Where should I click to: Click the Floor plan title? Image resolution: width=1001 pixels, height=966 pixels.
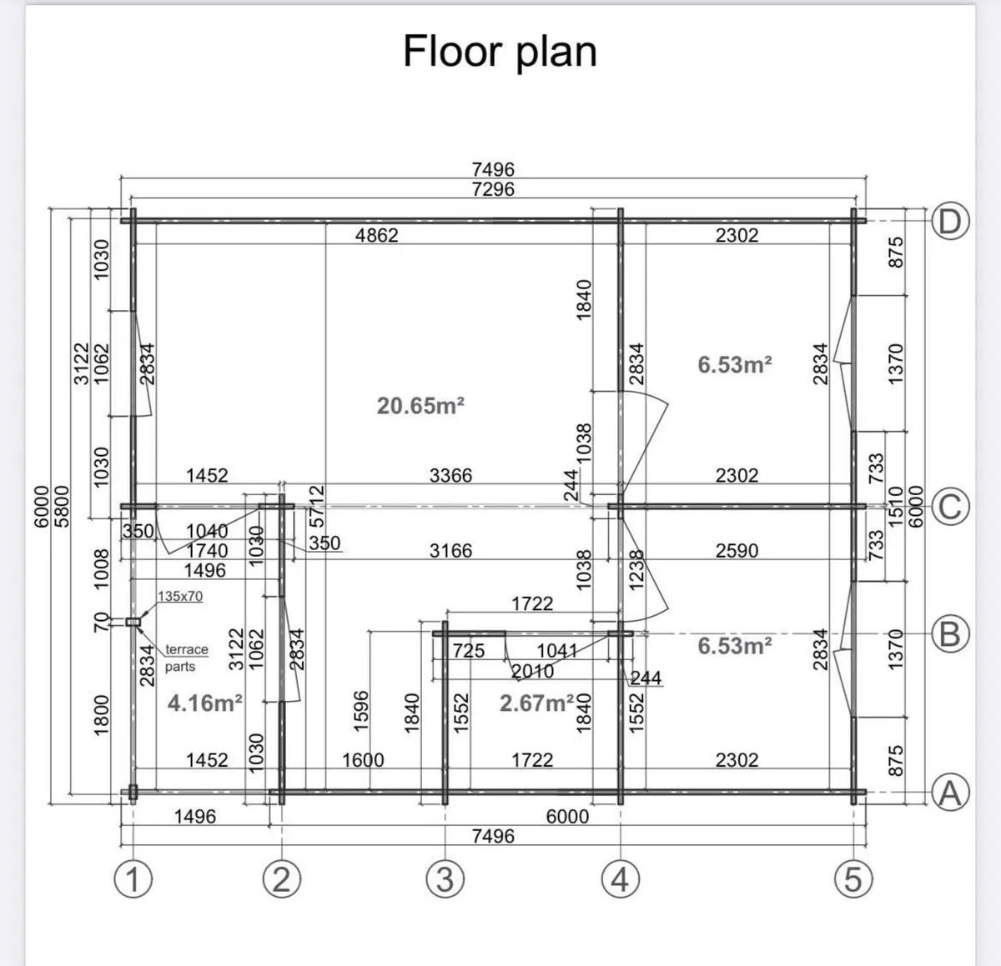500,53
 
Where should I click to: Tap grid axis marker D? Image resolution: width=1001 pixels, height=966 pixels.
950,222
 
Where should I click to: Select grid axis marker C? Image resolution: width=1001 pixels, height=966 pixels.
950,507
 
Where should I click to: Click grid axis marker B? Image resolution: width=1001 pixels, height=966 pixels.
950,633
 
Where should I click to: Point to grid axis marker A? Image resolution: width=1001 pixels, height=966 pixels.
950,793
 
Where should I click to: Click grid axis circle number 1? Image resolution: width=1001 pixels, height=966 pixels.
133,879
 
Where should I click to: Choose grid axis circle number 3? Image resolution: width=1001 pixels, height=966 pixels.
445,879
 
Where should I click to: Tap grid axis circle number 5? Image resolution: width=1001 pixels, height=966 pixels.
853,879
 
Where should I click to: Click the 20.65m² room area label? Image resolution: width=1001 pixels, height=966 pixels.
420,406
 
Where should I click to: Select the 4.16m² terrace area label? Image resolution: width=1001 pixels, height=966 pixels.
204,703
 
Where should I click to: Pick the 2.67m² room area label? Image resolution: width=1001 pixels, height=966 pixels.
536,703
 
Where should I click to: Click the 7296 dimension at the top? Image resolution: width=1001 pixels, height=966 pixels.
493,189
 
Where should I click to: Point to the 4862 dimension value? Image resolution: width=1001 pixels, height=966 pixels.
376,235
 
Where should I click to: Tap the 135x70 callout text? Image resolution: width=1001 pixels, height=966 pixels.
180,596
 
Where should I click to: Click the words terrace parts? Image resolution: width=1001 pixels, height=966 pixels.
186,658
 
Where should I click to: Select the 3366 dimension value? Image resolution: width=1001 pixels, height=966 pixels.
450,475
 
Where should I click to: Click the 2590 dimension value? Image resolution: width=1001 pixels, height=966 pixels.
737,551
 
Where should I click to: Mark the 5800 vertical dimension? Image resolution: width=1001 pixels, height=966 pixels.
62,506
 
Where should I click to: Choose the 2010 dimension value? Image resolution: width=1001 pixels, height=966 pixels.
532,671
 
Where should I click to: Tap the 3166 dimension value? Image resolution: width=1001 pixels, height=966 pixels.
450,551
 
